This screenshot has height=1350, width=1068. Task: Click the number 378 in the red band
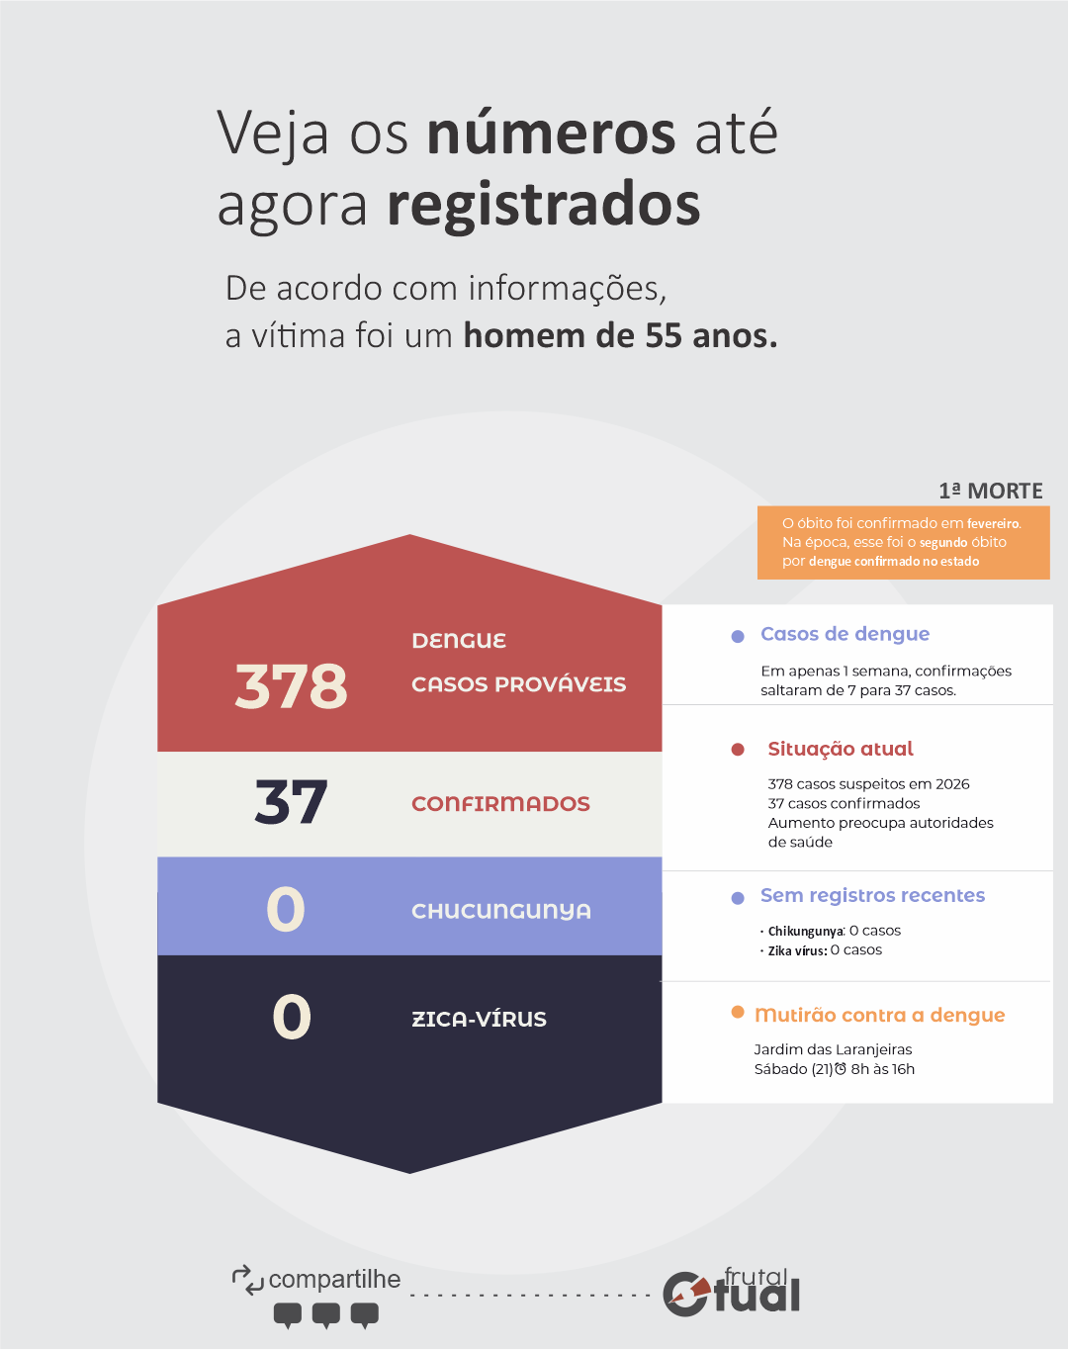292,685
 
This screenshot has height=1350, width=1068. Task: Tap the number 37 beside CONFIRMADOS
291,802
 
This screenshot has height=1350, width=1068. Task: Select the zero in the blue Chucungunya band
286,909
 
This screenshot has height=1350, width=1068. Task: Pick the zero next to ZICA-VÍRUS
292,1017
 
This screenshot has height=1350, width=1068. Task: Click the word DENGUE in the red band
459,641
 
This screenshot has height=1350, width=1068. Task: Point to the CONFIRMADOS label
500,804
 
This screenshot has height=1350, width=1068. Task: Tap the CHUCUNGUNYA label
501,911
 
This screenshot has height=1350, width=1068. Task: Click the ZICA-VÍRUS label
479,1019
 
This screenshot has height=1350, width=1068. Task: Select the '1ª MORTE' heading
990,491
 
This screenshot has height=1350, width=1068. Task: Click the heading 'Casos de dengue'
845,634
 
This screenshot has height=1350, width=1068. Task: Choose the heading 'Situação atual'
841,749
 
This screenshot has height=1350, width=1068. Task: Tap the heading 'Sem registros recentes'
872,895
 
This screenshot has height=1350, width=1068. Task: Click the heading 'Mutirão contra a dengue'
879,1015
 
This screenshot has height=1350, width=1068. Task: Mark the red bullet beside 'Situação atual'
738,750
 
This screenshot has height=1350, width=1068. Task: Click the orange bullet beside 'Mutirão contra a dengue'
738,1012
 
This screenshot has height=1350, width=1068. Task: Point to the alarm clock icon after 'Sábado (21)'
841,1069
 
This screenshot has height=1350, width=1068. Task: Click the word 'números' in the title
551,134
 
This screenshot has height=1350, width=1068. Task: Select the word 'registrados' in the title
544,205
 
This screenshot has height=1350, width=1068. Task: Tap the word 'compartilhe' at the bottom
334,1279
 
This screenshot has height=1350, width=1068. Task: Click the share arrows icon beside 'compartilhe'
247,1279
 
